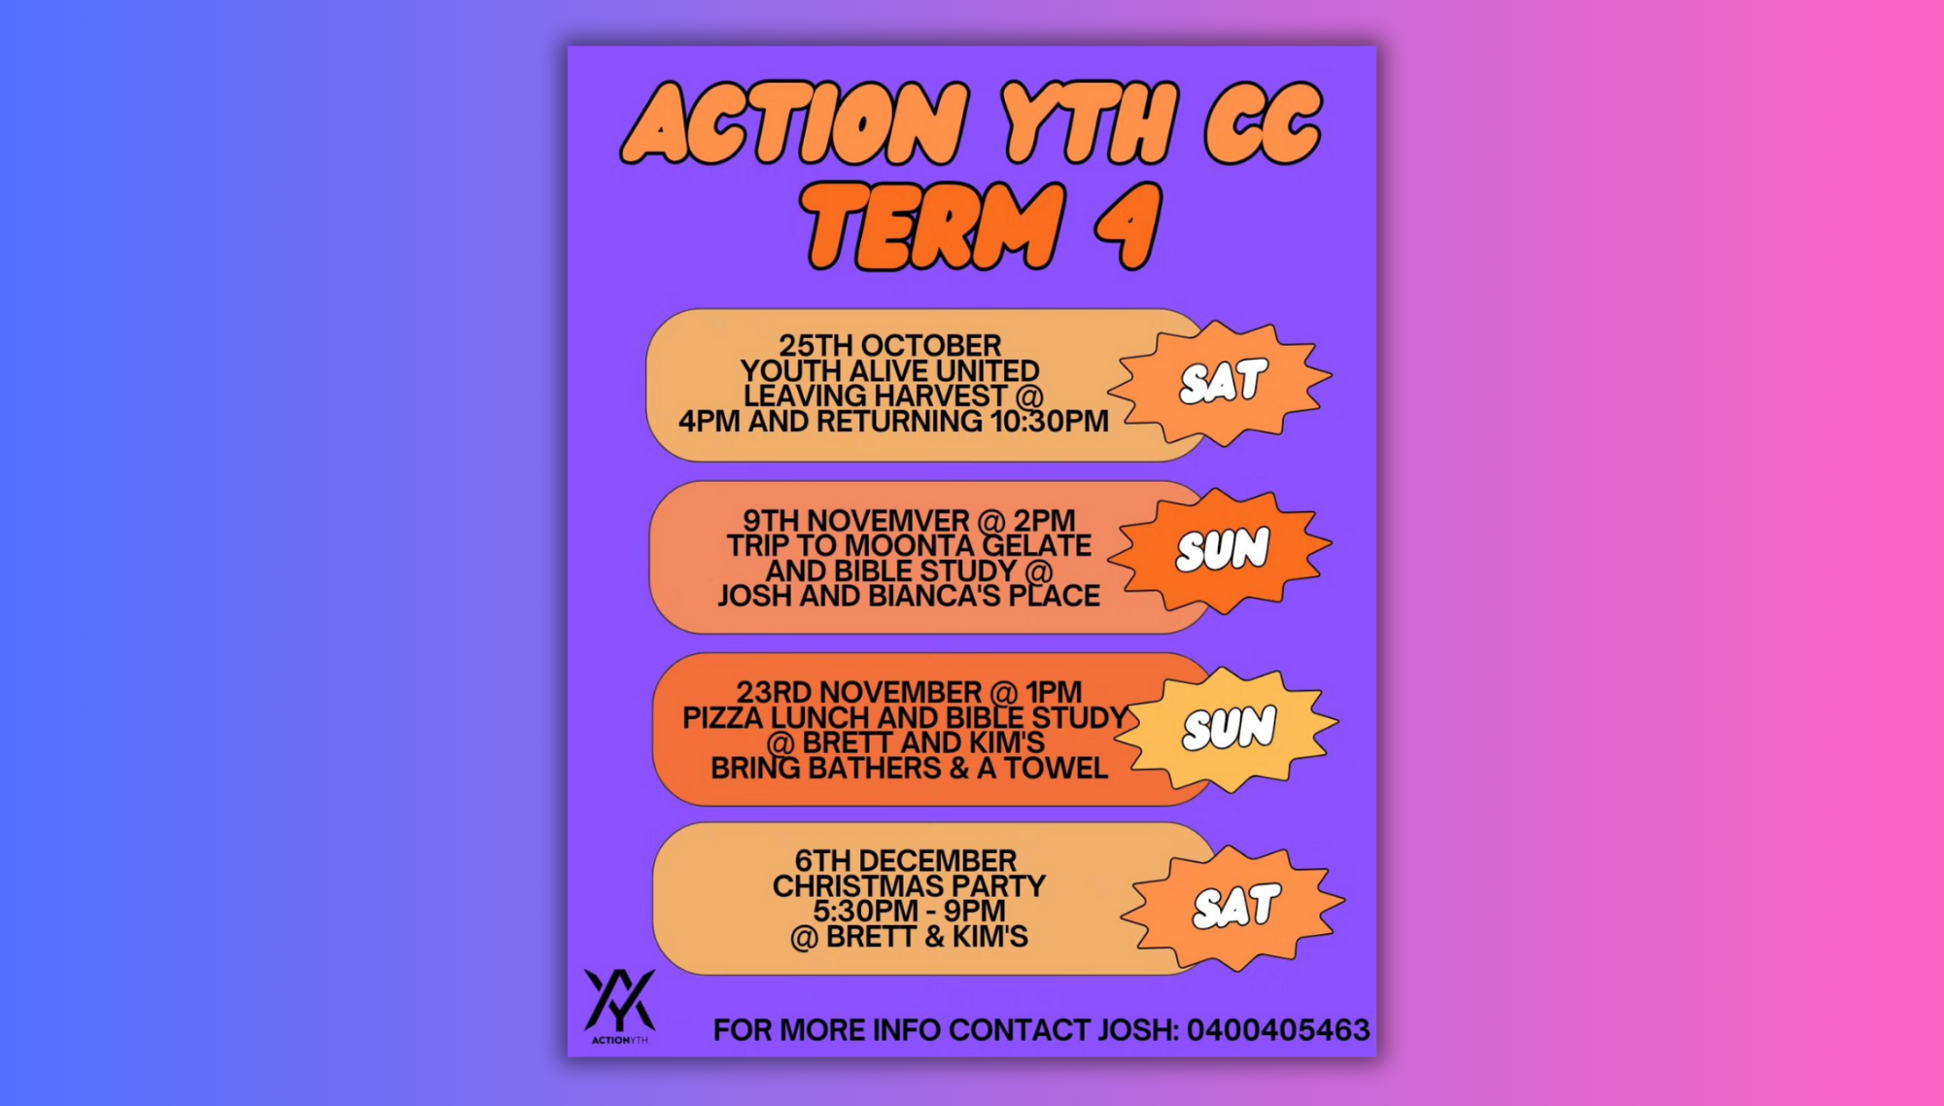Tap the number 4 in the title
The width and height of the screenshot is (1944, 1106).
[1128, 225]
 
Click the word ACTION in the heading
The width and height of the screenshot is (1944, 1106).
[796, 123]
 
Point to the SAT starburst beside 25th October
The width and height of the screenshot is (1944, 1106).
[1221, 382]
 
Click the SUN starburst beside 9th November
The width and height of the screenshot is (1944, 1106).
[1221, 550]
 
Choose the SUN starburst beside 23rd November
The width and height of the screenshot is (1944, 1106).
[1228, 728]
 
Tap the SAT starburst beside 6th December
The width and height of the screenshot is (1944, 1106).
[1233, 907]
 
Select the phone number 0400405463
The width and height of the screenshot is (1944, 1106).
[1278, 1030]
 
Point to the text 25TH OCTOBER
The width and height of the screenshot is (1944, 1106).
[889, 345]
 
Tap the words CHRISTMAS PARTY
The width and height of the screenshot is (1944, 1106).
[909, 886]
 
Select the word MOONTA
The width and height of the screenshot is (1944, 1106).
[911, 545]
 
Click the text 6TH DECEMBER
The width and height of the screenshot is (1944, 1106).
[906, 861]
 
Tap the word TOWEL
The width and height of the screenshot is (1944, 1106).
[1056, 768]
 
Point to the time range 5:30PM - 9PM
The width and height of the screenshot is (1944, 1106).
[909, 912]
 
